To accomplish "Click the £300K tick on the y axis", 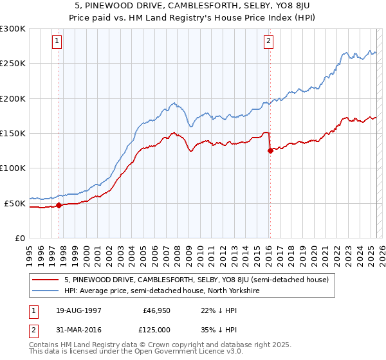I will [x=13, y=29].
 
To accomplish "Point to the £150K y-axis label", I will [x=13, y=134].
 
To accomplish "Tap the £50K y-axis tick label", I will [x=15, y=203].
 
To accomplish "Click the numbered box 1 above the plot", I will [x=57, y=42].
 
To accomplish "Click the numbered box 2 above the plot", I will [x=268, y=42].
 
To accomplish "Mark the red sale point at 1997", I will [x=59, y=205].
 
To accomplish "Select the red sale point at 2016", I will [x=270, y=151].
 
